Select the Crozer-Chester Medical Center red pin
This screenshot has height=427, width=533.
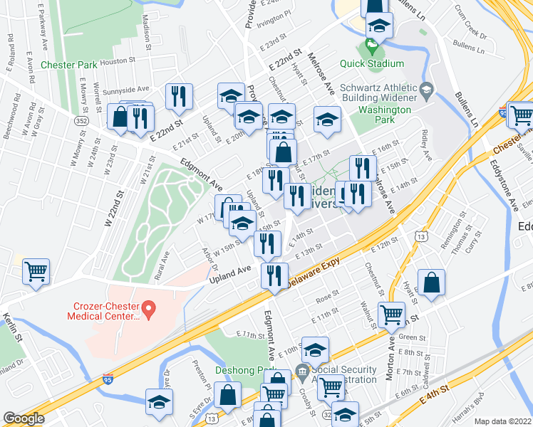[149, 309]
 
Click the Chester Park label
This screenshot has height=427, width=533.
[69, 65]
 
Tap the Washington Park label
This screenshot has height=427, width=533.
[385, 115]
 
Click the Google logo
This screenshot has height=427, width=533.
[24, 418]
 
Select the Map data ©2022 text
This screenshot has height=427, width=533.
[503, 421]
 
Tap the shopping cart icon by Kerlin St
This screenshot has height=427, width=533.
[36, 270]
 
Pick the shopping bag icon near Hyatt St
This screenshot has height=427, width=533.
[431, 283]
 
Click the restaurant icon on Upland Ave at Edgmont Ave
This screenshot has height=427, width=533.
[274, 275]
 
